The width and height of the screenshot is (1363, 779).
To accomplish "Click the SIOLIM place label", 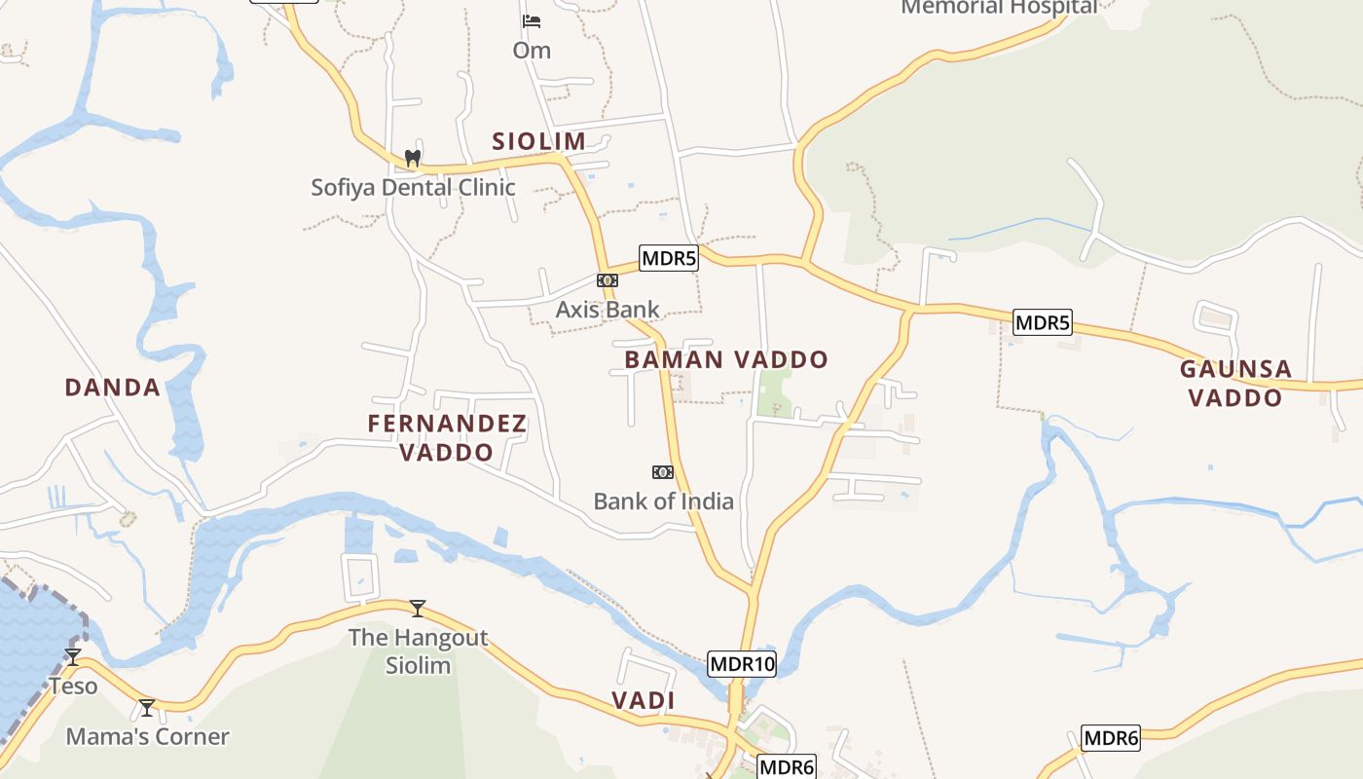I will coord(538,141).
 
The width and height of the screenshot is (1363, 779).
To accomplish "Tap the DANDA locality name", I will coord(112,388).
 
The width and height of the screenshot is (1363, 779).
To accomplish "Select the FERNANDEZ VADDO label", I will coord(447,438).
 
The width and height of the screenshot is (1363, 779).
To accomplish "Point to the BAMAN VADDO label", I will coord(725,360).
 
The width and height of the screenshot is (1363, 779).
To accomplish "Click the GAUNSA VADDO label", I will coord(1235,384).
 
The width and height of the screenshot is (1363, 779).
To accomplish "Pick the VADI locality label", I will coord(643,701).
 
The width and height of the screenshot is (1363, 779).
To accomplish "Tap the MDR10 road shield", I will coord(742,665).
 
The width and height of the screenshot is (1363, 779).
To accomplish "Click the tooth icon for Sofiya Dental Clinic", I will coord(412,158).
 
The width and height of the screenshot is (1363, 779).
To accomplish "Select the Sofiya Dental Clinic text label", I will coord(413,187).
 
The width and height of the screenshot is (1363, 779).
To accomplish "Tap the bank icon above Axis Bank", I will coord(608,280).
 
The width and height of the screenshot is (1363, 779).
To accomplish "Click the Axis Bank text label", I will coord(608,310).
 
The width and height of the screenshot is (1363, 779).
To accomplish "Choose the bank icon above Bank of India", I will coord(663,472).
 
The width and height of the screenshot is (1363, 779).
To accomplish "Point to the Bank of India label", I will coord(663,501).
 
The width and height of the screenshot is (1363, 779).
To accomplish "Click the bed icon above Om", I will coord(532,20).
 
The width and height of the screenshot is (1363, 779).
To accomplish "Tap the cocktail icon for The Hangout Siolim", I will coord(418,609).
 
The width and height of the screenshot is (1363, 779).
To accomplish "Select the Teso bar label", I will coord(74,686).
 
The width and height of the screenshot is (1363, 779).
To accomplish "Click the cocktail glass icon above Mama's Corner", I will coord(147,708).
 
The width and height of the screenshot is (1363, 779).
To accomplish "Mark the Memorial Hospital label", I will coord(999,8).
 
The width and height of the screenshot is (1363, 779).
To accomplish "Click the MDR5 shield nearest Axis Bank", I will coord(669,258).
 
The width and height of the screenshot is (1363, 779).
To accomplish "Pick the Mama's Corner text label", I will coord(147,737).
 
